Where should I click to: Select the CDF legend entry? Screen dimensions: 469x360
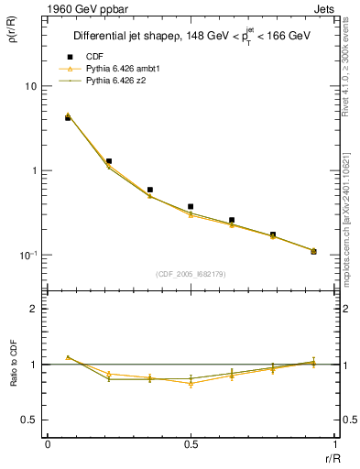tap(94, 57)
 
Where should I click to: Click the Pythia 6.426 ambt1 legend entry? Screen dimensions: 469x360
tap(120, 69)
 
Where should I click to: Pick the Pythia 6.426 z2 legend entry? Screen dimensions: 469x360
tap(115, 81)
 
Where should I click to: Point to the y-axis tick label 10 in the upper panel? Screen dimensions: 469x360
tap(30, 86)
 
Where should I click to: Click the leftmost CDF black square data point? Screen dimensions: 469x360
tap(68, 118)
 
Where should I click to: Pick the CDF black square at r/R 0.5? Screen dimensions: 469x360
tap(191, 207)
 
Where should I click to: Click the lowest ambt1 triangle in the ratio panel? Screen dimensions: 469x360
tap(191, 384)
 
